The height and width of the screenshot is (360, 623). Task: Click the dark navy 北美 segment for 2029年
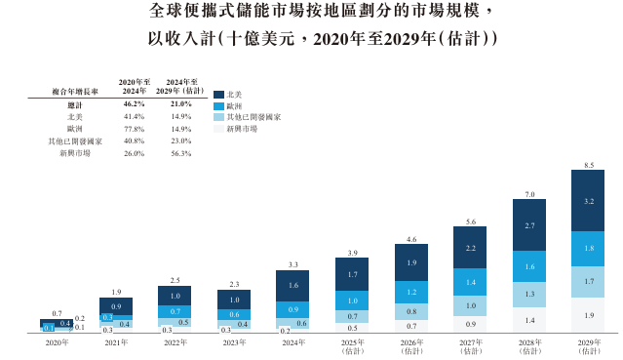(x=588, y=201)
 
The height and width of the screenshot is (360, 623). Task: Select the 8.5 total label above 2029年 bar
(x=588, y=165)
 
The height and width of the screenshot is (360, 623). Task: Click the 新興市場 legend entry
(x=241, y=129)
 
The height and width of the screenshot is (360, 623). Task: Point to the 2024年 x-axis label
(x=292, y=342)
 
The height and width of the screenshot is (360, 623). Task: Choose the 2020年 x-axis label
(x=56, y=342)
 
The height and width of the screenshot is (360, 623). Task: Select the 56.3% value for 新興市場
(x=181, y=152)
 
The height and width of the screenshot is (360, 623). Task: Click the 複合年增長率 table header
(x=74, y=91)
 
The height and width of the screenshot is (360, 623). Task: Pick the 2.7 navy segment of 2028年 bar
(x=529, y=225)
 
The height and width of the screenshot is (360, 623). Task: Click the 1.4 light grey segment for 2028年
(x=529, y=320)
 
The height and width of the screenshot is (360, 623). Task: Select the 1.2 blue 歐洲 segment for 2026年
(x=410, y=292)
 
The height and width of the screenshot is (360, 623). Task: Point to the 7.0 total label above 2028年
(x=529, y=194)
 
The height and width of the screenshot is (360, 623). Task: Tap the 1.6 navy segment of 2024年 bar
(x=292, y=285)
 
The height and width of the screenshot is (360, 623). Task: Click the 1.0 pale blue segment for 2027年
(x=470, y=305)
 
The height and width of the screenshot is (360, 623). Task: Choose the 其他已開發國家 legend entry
(x=253, y=117)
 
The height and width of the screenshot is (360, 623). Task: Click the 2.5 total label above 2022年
(x=175, y=280)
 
